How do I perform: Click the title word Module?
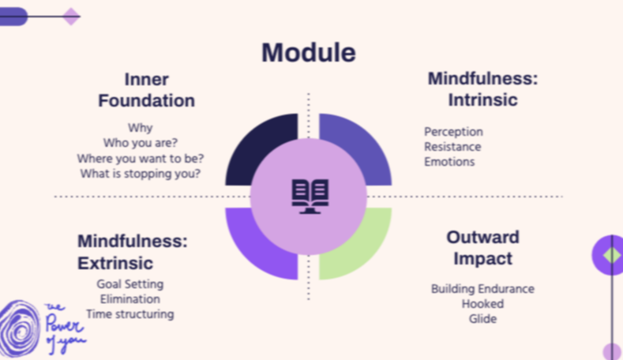click(308, 52)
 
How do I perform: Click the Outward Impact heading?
click(482, 247)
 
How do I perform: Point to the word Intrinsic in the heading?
click(482, 100)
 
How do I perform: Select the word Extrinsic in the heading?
click(115, 262)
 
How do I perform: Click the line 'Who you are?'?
click(141, 143)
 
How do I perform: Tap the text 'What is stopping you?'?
click(141, 174)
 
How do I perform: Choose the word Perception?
click(453, 132)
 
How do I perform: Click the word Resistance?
click(452, 147)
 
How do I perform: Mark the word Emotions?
click(449, 162)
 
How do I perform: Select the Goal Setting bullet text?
click(130, 284)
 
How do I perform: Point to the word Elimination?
click(130, 299)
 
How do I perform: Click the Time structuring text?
click(130, 314)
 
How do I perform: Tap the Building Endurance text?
click(482, 289)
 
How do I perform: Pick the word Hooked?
click(482, 304)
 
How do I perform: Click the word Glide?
click(482, 319)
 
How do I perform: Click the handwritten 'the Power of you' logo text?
click(65, 325)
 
